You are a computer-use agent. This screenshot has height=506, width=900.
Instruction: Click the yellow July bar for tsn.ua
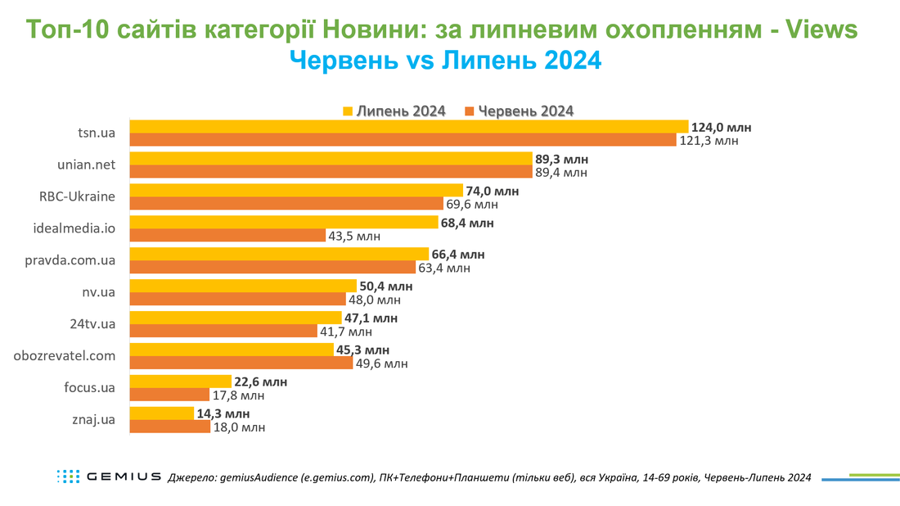(408, 126)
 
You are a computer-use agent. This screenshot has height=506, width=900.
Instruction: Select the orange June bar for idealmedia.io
(228, 235)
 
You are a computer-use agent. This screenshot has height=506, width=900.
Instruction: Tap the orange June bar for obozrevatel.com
(241, 363)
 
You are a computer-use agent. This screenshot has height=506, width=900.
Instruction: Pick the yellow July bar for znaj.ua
(162, 413)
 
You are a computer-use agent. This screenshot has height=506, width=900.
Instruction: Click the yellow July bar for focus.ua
(180, 382)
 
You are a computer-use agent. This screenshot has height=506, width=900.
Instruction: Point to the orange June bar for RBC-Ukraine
(286, 203)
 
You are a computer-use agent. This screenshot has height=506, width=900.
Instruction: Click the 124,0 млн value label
(721, 128)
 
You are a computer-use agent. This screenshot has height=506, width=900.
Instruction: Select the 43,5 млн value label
(354, 236)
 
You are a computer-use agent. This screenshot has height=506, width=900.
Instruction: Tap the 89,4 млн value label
(561, 172)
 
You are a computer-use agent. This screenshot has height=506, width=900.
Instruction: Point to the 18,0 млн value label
(240, 427)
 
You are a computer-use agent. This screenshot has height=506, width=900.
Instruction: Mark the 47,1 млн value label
(371, 319)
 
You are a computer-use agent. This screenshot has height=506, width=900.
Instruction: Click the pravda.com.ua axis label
(70, 260)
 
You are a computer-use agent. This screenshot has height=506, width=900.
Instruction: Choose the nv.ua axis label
(99, 291)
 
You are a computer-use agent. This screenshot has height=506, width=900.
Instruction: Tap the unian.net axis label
(86, 165)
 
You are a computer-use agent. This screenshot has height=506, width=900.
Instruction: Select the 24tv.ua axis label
(92, 324)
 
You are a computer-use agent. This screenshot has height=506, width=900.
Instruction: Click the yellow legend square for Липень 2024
(347, 111)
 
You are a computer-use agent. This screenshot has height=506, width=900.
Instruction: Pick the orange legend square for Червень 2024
(470, 111)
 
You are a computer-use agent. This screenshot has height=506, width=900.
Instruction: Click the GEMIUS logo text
(124, 477)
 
